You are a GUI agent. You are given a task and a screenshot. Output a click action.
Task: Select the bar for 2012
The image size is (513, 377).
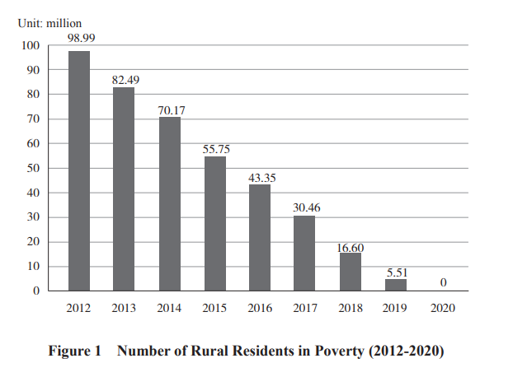(79, 171)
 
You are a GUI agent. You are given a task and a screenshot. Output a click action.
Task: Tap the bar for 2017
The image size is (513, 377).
(304, 254)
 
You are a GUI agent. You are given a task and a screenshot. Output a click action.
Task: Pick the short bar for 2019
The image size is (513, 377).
(395, 285)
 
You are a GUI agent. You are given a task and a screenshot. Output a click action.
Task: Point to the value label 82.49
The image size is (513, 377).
(125, 79)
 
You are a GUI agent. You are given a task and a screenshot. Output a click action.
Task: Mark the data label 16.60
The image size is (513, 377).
(351, 246)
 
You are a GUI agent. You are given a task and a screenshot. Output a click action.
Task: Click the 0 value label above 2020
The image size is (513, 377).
(443, 282)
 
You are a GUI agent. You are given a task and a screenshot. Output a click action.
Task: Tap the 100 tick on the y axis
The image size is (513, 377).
(30, 45)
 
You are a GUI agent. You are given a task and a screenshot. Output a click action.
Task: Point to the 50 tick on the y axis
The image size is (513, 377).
(32, 168)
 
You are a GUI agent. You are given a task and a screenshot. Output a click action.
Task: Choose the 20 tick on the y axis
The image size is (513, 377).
(32, 242)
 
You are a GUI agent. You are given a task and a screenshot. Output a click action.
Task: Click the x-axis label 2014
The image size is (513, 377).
(170, 309)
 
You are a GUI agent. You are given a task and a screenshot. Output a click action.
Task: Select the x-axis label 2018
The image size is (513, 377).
(351, 309)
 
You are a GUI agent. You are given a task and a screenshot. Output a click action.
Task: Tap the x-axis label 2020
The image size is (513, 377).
(441, 309)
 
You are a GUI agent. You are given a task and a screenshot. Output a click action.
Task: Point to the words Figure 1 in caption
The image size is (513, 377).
(74, 351)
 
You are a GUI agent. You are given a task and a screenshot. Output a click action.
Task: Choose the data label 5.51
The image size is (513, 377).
(397, 272)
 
